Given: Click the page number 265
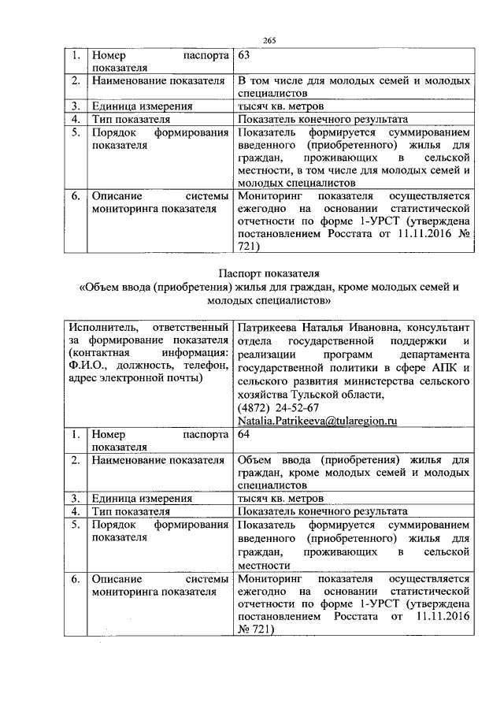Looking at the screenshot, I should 269,40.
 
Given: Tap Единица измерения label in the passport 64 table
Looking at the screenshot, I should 142,498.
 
